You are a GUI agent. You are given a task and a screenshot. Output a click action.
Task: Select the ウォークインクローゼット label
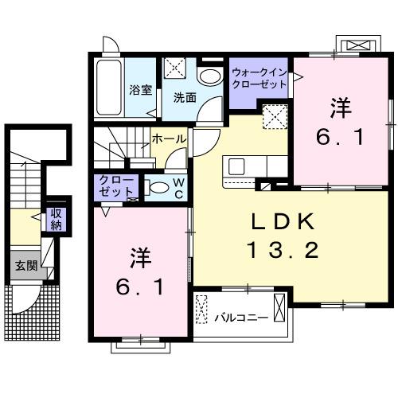pos(260,77)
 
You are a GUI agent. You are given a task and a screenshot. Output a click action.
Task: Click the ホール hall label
pos(170,139)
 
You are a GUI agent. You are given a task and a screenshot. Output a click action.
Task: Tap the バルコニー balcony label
pos(240,318)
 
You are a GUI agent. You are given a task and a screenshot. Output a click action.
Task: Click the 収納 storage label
pos(57,218)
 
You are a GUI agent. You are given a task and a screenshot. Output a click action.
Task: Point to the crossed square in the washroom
pos(175,70)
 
